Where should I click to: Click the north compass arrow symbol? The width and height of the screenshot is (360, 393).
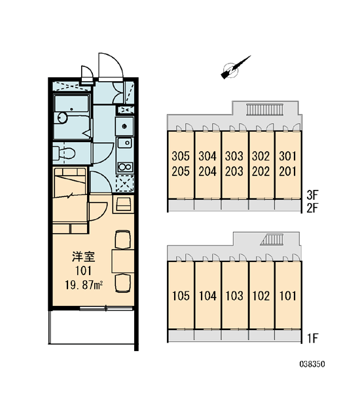click(x=235, y=68)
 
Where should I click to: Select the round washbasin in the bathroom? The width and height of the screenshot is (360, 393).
click(x=62, y=117)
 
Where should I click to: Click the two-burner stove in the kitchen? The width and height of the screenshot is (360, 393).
click(x=125, y=166)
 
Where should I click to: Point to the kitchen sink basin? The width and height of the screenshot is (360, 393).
click(x=125, y=143)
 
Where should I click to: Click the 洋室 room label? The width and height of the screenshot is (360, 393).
click(x=83, y=257)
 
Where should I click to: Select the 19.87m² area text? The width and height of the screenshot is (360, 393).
click(x=84, y=285)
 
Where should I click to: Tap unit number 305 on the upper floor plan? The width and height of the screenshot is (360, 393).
click(x=181, y=156)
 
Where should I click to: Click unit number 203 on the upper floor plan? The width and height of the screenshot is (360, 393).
click(x=234, y=172)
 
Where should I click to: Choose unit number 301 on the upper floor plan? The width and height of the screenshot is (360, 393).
click(x=287, y=156)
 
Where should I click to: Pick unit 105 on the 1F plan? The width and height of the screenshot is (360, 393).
click(x=181, y=296)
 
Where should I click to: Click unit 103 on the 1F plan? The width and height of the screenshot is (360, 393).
click(x=234, y=296)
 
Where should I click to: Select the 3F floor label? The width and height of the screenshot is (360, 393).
click(x=312, y=195)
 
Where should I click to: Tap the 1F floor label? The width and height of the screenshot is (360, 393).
click(x=312, y=339)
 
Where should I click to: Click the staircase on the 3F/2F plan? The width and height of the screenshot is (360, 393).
click(x=264, y=110)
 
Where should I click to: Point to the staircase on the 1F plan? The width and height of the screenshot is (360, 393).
click(x=272, y=240)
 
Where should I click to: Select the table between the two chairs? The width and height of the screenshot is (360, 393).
click(x=123, y=261)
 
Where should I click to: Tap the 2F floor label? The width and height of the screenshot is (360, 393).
click(x=312, y=208)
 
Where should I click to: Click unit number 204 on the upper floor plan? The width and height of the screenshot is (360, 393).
click(x=207, y=172)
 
